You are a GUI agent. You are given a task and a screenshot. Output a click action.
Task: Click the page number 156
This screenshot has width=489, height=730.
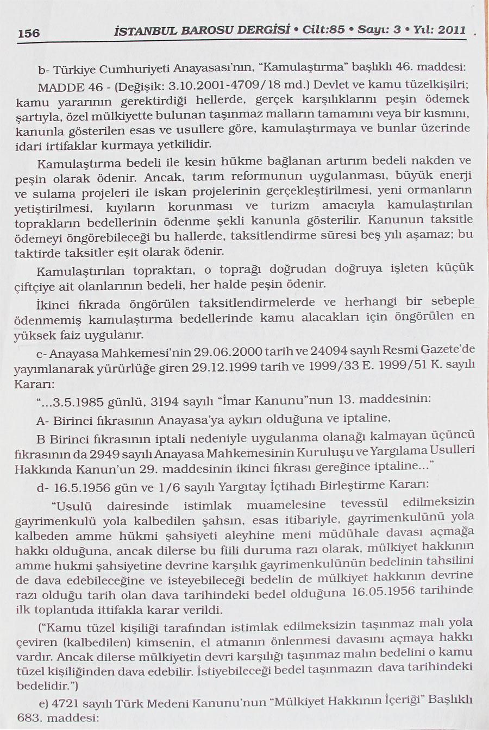(28, 33)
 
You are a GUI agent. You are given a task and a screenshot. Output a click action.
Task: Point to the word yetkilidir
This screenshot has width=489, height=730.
(184, 144)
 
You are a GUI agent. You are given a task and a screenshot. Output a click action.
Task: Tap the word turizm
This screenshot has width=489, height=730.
(290, 206)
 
